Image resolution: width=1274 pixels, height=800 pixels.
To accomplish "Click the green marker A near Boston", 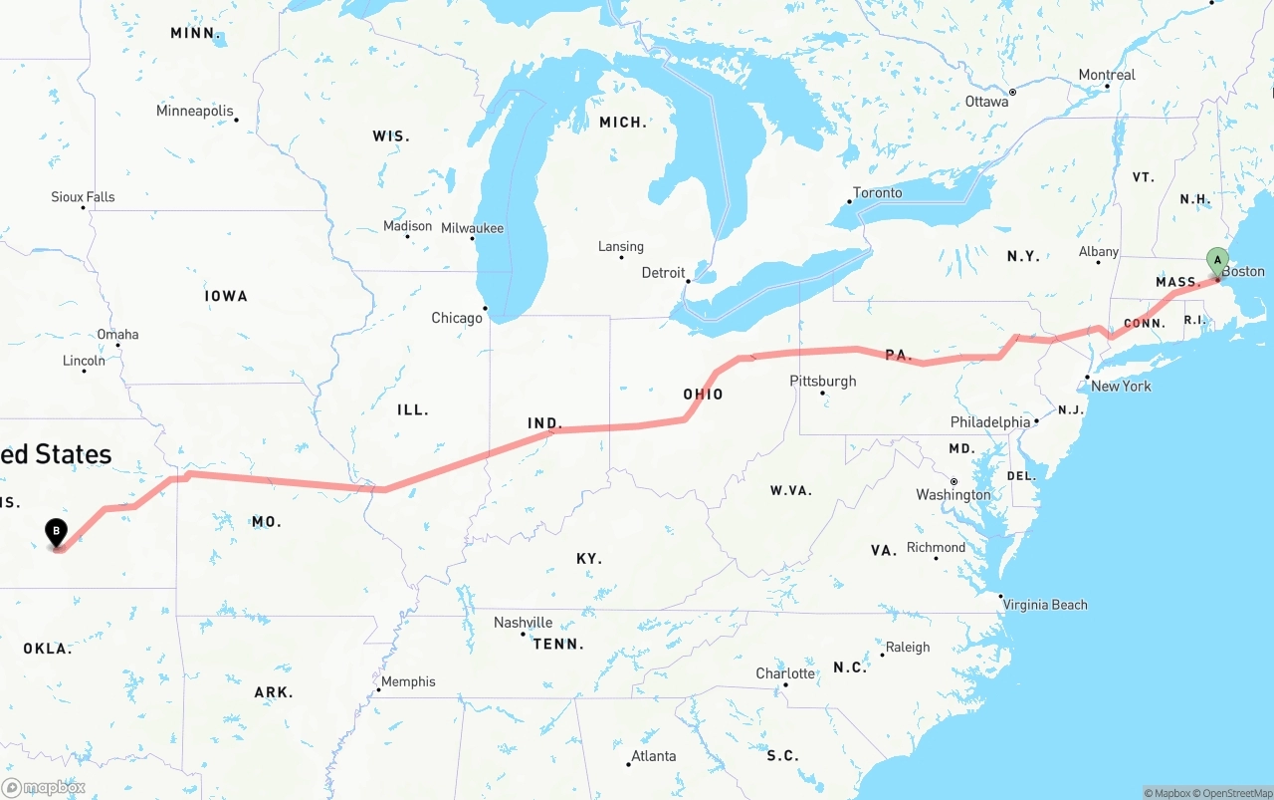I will [1216, 261].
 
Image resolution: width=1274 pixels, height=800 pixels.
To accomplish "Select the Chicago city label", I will [457, 319].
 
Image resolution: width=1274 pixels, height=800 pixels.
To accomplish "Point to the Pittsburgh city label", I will [823, 381].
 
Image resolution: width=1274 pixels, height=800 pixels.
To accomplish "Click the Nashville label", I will [524, 623].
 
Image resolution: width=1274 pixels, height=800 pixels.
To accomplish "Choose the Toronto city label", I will [878, 192].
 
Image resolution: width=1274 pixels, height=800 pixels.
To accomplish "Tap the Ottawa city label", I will [986, 102].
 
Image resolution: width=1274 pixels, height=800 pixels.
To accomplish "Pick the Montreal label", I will [1107, 75].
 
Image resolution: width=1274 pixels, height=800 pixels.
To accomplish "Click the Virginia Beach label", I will [1045, 605].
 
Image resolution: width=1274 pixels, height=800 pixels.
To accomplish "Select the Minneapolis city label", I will [195, 111].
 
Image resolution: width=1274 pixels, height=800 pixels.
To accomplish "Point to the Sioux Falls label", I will [83, 197].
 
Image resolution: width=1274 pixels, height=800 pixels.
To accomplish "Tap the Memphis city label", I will [408, 681].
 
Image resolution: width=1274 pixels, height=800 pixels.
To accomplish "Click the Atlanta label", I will [654, 756].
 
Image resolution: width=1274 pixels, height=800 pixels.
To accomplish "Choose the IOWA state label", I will [226, 296].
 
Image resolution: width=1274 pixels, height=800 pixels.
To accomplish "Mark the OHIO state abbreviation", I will [703, 395].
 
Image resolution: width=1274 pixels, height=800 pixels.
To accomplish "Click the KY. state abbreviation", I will [589, 559].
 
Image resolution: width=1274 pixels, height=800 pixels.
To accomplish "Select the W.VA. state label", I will [791, 490].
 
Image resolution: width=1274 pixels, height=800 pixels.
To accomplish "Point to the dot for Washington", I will [954, 480].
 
